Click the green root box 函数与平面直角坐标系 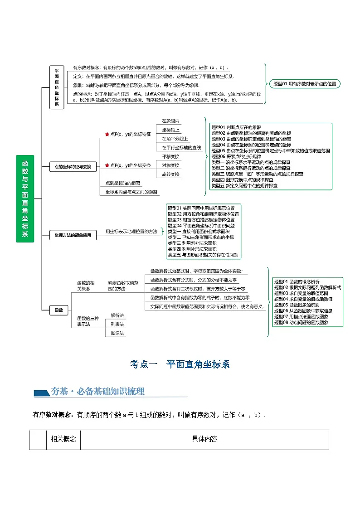[x=25, y=198]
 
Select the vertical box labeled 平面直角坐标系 [x=57, y=87]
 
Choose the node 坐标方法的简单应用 [x=73, y=235]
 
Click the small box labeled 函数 [x=59, y=310]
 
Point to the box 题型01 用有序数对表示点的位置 [x=304, y=84]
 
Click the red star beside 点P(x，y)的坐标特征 [x=107, y=135]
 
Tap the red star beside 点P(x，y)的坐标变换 [x=107, y=166]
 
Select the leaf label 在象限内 [x=170, y=121]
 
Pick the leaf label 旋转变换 [x=170, y=175]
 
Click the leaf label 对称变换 [x=170, y=165]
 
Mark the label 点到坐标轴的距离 [x=122, y=183]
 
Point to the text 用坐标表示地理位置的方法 [x=131, y=232]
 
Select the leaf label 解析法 [x=117, y=315]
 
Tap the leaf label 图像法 [x=117, y=333]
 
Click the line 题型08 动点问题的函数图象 [x=301, y=323]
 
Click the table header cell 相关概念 [x=63, y=439]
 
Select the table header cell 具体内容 [x=204, y=439]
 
